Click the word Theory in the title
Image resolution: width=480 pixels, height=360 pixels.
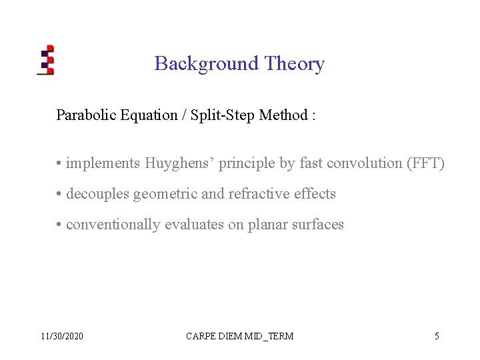(x=294, y=64)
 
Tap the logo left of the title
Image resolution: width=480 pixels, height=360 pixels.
(x=45, y=60)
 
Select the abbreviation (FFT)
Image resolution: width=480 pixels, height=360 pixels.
(x=425, y=163)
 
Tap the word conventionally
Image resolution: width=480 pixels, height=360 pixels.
(x=113, y=225)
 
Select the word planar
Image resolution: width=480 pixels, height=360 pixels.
(x=268, y=225)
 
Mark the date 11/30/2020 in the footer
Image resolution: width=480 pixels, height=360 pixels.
(x=62, y=336)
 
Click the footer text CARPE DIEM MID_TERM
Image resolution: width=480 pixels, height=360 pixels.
(x=239, y=336)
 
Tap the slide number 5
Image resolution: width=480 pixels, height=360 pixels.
(x=437, y=336)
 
